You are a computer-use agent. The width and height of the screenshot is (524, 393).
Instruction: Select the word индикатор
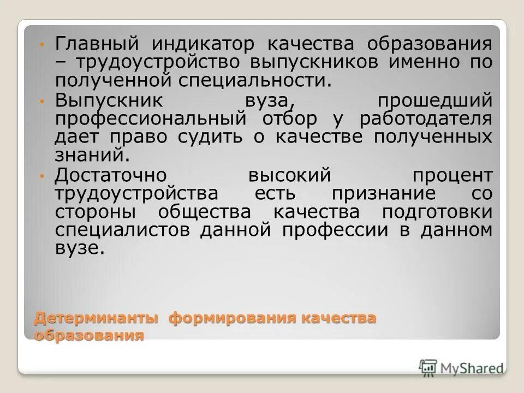point(200,43)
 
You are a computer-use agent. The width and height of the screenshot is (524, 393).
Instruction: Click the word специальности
point(254,80)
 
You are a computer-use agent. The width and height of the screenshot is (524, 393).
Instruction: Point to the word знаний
point(92,156)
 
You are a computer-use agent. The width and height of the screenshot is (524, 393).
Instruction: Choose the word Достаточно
point(112,176)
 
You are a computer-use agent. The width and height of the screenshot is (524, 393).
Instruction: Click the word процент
point(452,176)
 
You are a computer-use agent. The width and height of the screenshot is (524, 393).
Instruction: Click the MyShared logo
point(461,367)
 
